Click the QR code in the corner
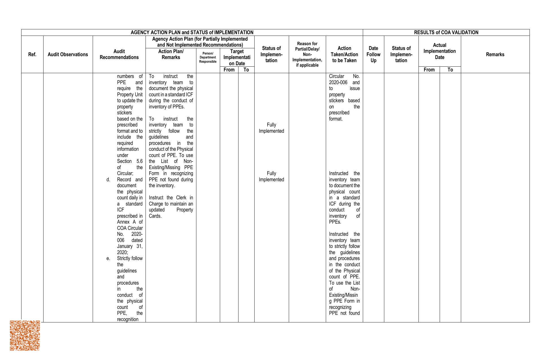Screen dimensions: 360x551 click(x=25, y=335)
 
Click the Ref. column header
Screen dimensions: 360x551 click(x=32, y=54)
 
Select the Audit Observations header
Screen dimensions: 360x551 click(x=68, y=54)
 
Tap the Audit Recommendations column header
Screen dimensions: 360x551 click(x=119, y=54)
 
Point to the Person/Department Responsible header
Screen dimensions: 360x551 click(x=208, y=58)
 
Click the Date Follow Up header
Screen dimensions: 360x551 click(x=373, y=54)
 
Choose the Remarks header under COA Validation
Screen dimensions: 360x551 click(x=495, y=54)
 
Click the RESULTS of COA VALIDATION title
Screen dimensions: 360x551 click(x=446, y=32)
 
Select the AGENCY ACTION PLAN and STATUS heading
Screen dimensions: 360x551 click(x=192, y=32)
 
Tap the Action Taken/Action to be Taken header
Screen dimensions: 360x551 click(x=344, y=54)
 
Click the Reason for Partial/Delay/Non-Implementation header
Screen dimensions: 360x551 click(x=307, y=54)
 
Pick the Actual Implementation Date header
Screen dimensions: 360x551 click(x=439, y=51)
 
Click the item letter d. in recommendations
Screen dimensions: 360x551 click(x=108, y=180)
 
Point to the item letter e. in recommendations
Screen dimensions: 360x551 click(x=108, y=258)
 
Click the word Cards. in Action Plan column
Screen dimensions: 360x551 click(x=155, y=216)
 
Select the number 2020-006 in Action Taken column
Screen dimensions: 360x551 click(x=338, y=82)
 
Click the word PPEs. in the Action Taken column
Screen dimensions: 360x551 click(x=335, y=222)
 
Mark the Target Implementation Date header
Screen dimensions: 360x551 click(x=237, y=57)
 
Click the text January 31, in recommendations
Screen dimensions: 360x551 click(x=130, y=246)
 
